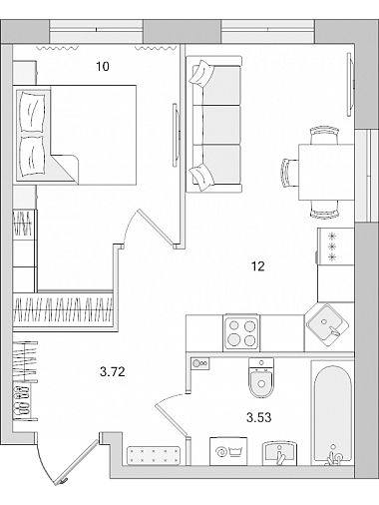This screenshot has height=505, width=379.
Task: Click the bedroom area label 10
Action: [x=103, y=67]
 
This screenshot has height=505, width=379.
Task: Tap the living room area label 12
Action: [x=258, y=266]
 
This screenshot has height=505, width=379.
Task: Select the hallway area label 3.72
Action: [x=113, y=371]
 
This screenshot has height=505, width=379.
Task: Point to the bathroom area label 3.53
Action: [x=259, y=417]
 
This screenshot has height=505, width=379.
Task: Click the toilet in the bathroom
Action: [x=261, y=378]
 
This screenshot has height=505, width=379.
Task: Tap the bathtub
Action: [x=332, y=412]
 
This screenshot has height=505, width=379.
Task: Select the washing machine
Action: [x=228, y=451]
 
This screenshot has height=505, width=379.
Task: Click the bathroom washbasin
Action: [x=279, y=453]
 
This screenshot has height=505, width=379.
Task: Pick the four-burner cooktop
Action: [x=241, y=332]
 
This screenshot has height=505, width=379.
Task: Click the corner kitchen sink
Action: [x=328, y=325]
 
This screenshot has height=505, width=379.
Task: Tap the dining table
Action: [x=326, y=172]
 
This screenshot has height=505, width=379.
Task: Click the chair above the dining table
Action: [x=324, y=135]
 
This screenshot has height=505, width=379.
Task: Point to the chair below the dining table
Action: [x=324, y=210]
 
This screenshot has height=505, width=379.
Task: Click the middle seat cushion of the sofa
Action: [x=220, y=125]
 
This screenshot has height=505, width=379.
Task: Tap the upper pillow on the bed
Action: [x=32, y=112]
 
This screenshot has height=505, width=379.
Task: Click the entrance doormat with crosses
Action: [x=154, y=456]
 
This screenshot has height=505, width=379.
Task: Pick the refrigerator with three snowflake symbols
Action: [x=335, y=247]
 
